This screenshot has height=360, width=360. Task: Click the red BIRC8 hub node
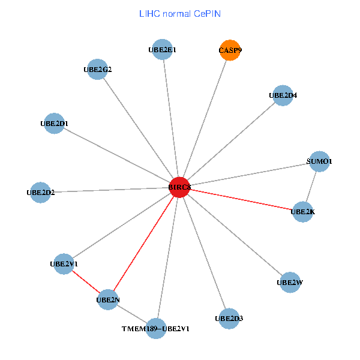(179, 187)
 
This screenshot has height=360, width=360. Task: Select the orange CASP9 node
(230, 51)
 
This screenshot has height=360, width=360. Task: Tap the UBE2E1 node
(162, 50)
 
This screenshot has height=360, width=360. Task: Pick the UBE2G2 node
(97, 69)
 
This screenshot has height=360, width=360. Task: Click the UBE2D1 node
(54, 124)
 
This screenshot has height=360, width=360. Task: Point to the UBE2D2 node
(40, 193)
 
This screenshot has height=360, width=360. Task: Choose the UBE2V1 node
(64, 263)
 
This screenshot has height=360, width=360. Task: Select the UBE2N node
(107, 299)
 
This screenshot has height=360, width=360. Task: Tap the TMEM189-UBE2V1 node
(156, 328)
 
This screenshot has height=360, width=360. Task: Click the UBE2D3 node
(229, 318)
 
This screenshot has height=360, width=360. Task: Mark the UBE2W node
(290, 282)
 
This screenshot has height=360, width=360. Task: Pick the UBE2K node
(302, 211)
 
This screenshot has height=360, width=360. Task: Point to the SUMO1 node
(319, 161)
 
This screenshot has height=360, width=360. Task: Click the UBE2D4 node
(283, 95)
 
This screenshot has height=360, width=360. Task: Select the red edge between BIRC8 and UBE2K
(240, 199)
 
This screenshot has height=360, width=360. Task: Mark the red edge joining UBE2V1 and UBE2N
(85, 281)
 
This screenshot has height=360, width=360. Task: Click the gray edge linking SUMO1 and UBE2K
(311, 186)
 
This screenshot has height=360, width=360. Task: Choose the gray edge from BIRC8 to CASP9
(205, 119)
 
